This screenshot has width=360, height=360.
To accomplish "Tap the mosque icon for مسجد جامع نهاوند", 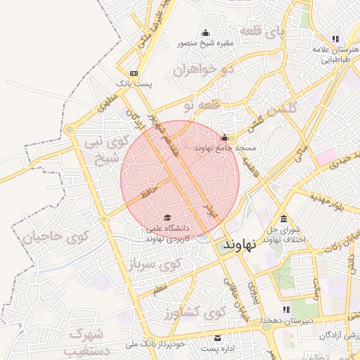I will [x=225, y=138].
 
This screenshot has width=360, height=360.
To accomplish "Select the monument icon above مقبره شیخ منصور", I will [x=205, y=33].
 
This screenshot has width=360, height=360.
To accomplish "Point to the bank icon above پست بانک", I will [x=134, y=73].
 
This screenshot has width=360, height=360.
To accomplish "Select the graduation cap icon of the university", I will [x=167, y=217].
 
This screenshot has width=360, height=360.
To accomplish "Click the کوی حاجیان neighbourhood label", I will [x=48, y=237].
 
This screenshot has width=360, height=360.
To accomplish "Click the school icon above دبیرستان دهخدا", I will [x=286, y=309].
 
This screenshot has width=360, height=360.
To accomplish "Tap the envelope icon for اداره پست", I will [x=217, y=338].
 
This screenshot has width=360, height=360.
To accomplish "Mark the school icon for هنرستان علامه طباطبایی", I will [x=335, y=39].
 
